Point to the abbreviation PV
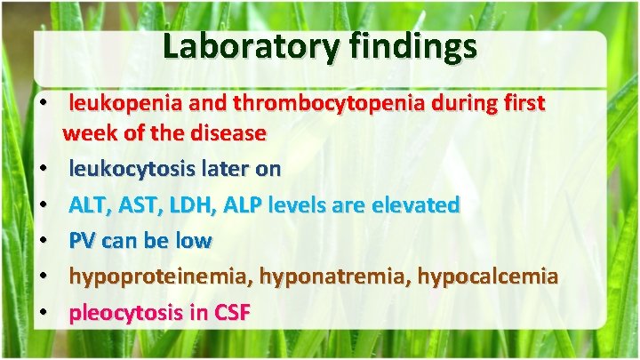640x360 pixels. click(x=83, y=241)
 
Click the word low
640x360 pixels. click(x=194, y=241)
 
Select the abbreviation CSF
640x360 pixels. click(x=229, y=313)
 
